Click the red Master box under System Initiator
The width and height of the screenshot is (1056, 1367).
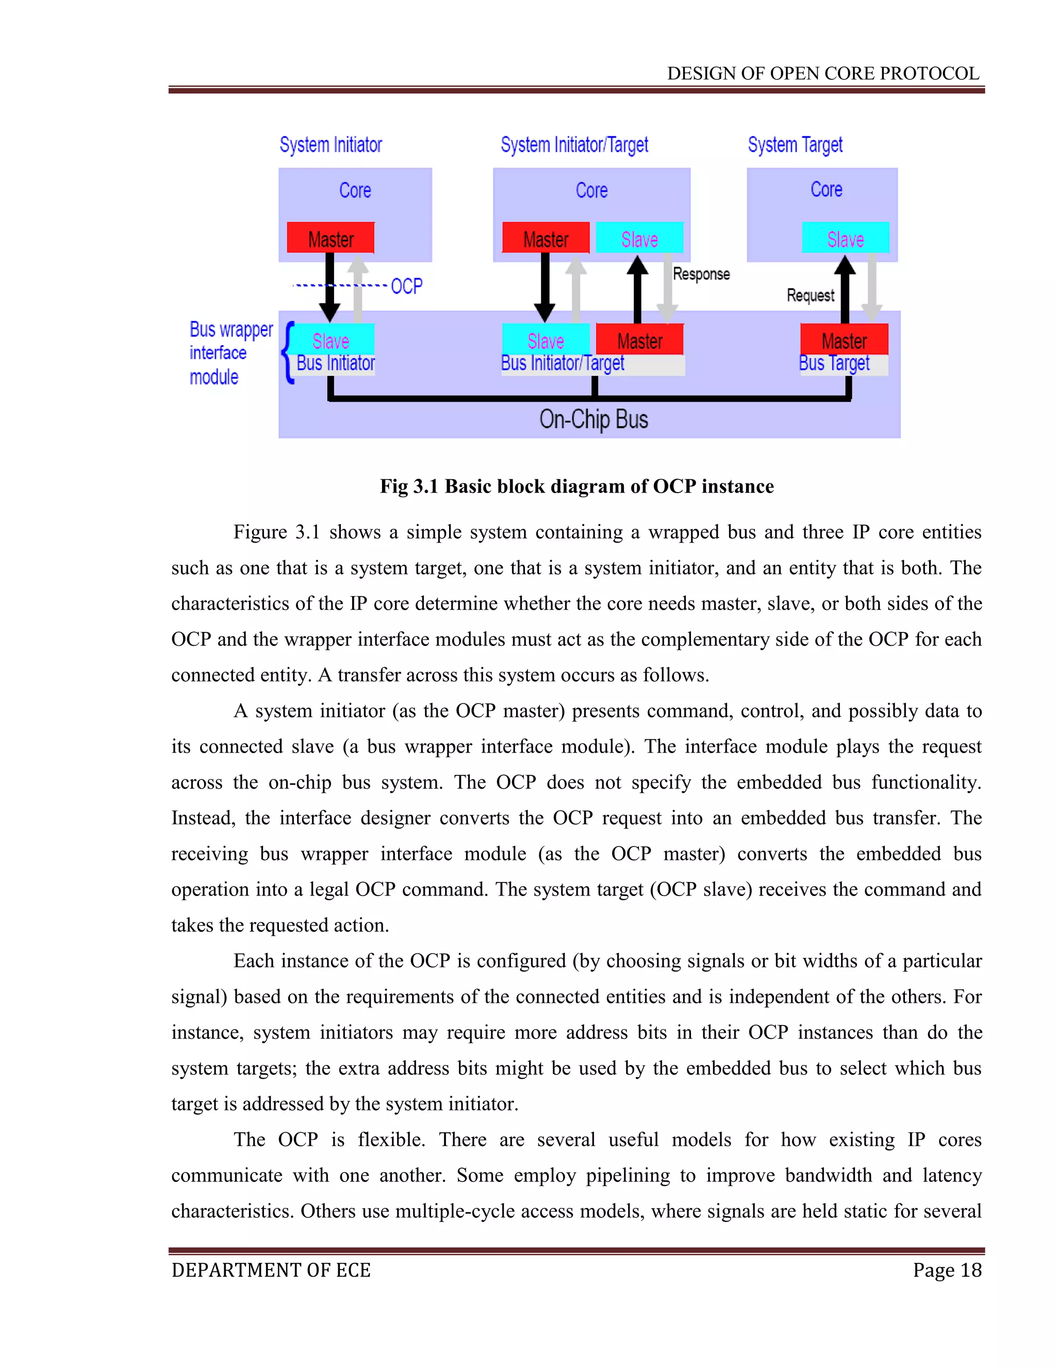(x=331, y=238)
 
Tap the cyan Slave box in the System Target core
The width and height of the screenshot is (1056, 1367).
(x=845, y=238)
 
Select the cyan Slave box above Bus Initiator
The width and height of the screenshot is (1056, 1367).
(x=331, y=340)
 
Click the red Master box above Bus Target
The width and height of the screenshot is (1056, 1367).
(x=844, y=340)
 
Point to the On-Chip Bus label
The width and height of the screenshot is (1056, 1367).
(x=593, y=419)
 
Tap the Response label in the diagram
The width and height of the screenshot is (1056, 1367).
(x=701, y=274)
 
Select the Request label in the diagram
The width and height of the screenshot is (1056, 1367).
(x=810, y=296)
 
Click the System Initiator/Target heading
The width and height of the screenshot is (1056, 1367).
(x=574, y=145)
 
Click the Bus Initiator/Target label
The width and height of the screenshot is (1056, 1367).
(x=563, y=364)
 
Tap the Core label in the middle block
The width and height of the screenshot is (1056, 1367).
(x=591, y=190)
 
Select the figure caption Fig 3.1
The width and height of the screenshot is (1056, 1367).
(x=576, y=486)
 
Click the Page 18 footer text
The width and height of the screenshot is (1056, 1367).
(x=947, y=1270)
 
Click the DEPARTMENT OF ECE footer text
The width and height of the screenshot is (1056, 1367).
(x=271, y=1270)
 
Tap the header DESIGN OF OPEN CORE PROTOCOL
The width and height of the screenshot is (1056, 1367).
(x=822, y=74)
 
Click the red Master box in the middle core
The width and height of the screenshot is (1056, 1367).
(x=546, y=238)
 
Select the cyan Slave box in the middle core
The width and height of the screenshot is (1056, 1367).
(x=639, y=238)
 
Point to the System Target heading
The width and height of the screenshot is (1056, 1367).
(x=795, y=145)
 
